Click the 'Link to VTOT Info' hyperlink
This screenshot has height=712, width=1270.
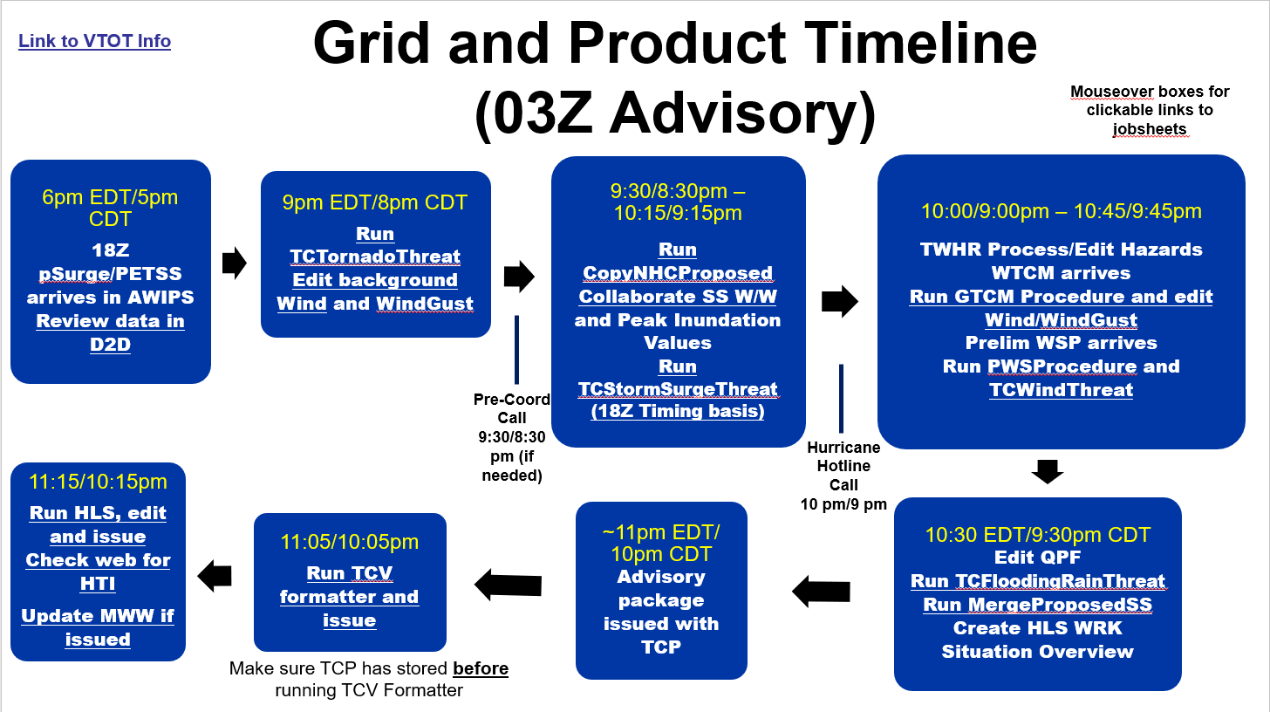(94, 41)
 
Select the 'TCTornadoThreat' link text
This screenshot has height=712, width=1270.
(375, 257)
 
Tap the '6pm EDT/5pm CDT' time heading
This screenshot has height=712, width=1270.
(110, 208)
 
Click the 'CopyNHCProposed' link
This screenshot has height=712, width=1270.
(678, 273)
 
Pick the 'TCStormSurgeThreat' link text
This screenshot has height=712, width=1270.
(678, 389)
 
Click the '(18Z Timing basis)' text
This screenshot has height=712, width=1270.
(678, 411)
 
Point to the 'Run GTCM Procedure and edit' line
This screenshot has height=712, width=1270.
(1061, 297)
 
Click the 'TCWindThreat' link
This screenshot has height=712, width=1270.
(1061, 390)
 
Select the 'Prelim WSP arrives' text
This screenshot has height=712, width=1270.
(1061, 343)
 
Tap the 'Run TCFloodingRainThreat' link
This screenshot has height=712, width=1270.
(1038, 581)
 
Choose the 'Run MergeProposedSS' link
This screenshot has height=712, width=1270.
(1038, 605)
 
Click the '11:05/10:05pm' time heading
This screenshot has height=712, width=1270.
(350, 542)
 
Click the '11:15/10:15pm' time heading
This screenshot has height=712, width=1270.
(98, 482)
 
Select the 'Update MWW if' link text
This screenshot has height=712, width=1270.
(98, 616)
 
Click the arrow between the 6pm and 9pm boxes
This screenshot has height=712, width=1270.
(234, 264)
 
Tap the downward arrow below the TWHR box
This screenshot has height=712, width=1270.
(1047, 471)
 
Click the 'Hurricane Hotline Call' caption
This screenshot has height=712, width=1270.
(843, 466)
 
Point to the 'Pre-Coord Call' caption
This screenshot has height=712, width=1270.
(511, 408)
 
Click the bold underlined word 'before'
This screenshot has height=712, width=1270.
(481, 668)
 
